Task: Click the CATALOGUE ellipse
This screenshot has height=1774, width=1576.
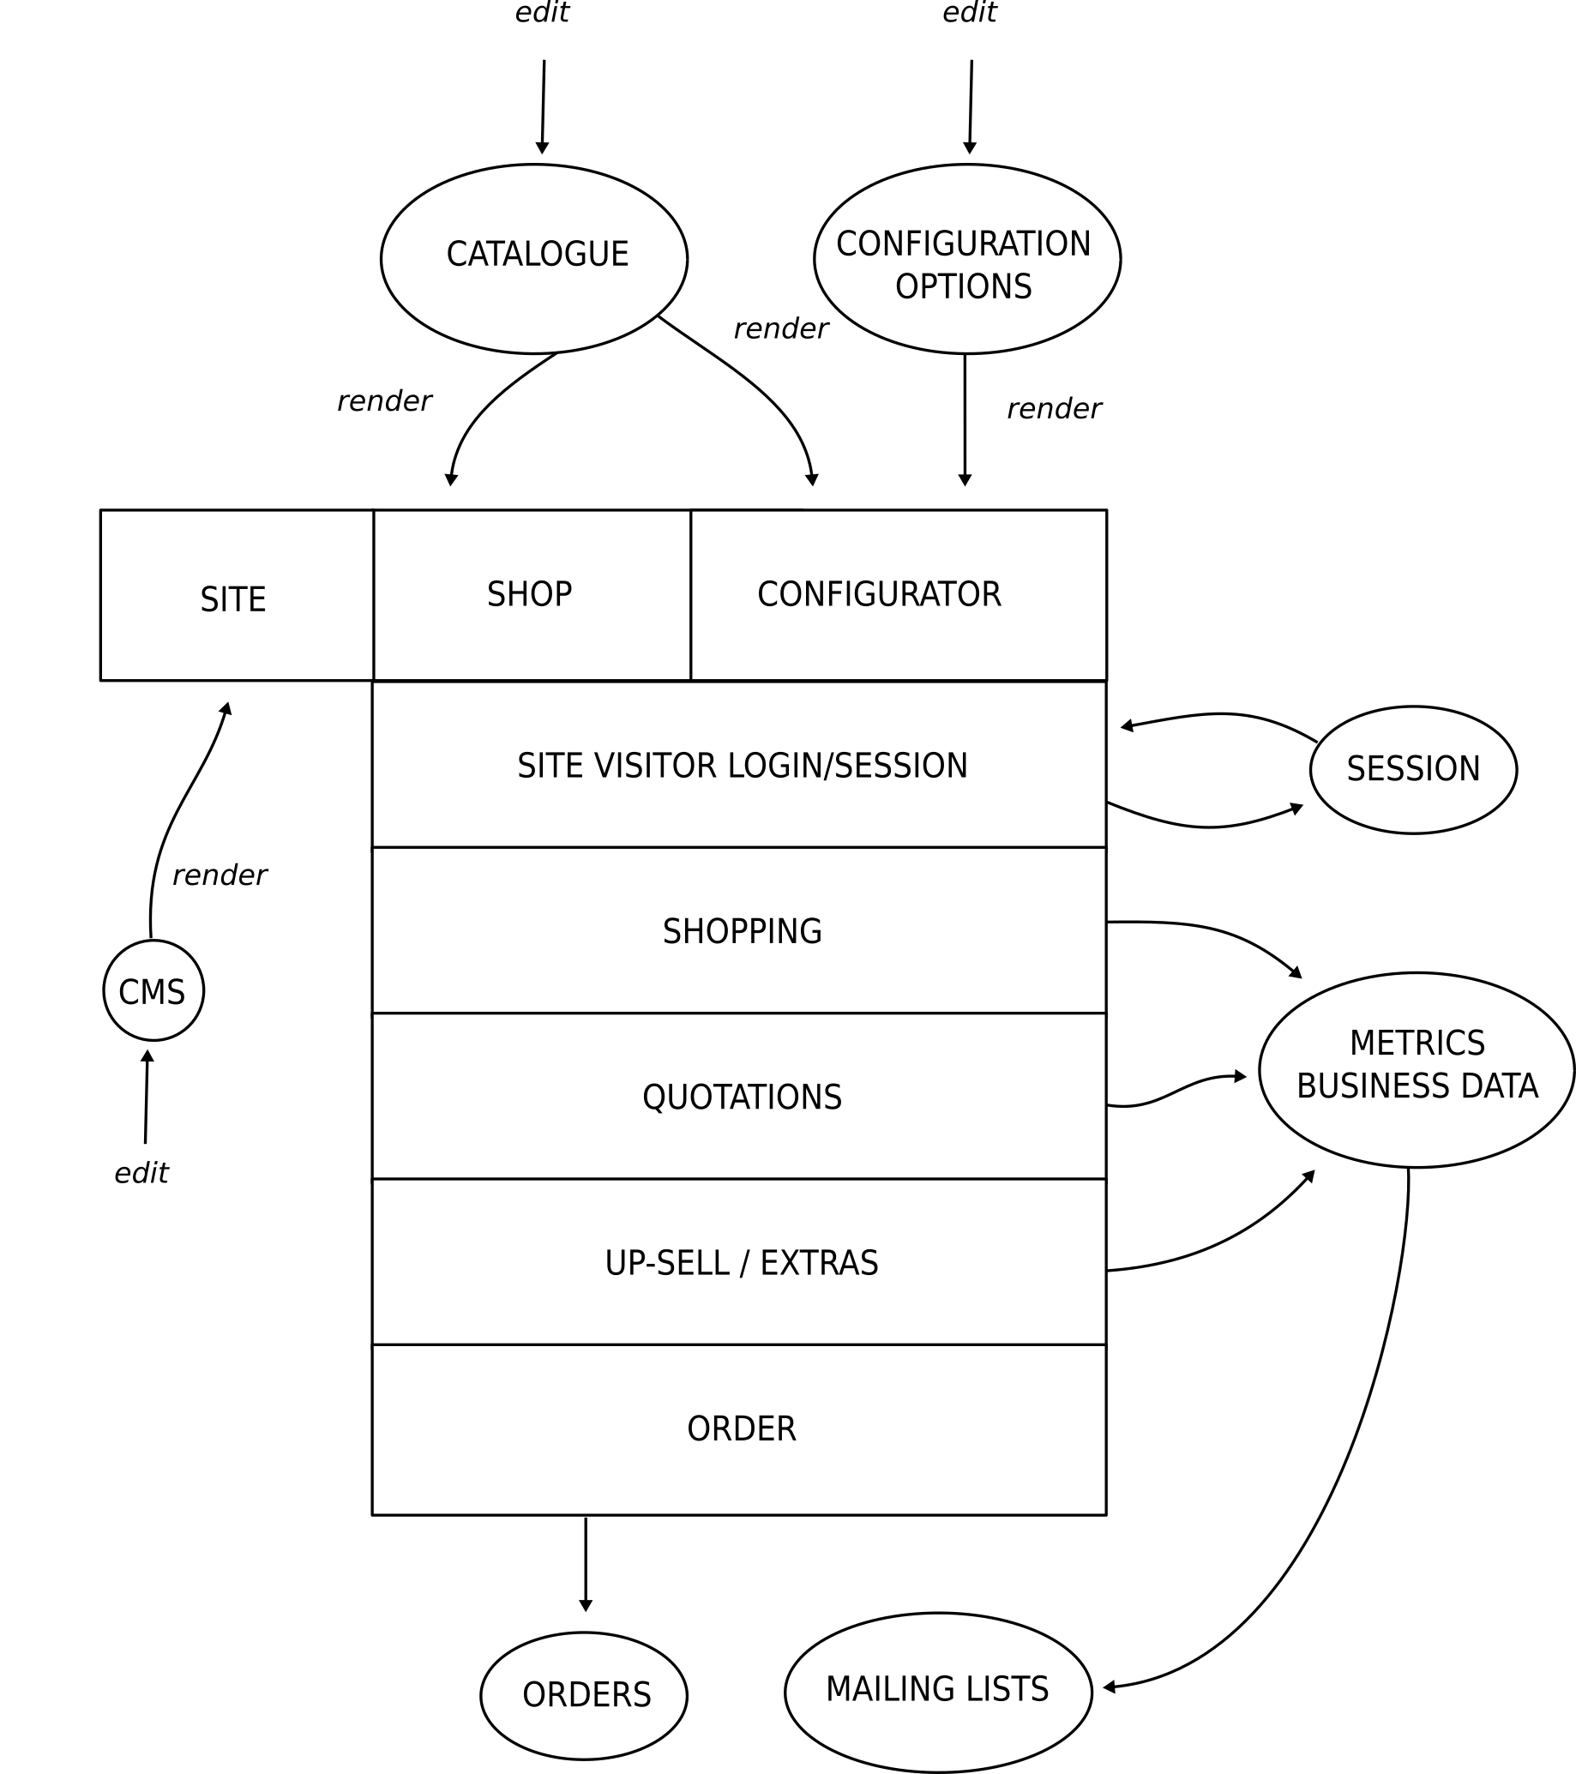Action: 533,259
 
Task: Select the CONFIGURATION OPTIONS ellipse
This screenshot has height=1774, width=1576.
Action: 966,259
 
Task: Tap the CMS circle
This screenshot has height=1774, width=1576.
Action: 153,990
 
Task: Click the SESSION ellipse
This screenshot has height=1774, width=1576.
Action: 1413,769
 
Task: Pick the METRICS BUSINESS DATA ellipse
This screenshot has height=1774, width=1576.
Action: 1417,1069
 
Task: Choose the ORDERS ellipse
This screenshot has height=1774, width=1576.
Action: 584,1695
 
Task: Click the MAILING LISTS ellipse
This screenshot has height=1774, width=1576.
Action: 938,1692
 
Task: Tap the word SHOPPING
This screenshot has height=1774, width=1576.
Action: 742,931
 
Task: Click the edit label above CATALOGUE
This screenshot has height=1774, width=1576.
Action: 543,13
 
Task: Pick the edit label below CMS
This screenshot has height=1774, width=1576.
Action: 141,1174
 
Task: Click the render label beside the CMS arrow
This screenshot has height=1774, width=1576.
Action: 220,875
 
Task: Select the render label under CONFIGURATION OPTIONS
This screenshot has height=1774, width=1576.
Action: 1054,408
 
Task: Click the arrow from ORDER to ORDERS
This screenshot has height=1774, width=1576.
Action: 586,1562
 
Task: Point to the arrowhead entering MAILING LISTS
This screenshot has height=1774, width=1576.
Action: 1109,1687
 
